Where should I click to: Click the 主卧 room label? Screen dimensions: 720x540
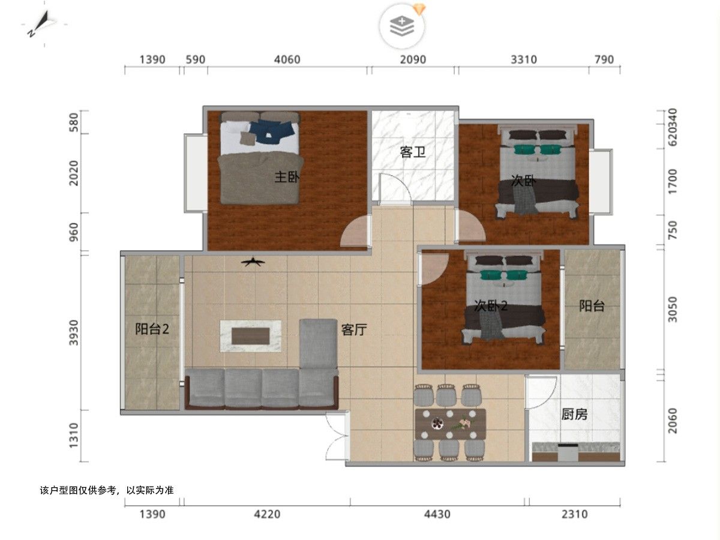(x=287, y=177)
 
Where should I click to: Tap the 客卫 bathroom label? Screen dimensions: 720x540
(x=413, y=152)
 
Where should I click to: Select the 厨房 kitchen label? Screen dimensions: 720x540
(x=574, y=415)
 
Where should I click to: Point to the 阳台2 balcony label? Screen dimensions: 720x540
(x=152, y=329)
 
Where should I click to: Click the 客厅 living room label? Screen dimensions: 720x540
(x=354, y=329)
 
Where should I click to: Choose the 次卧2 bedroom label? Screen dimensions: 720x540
(x=491, y=306)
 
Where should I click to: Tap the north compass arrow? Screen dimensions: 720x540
(x=42, y=23)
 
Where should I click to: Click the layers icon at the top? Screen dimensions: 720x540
(x=402, y=26)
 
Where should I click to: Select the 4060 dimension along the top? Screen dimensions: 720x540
(x=287, y=59)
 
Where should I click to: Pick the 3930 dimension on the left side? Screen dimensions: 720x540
(x=74, y=332)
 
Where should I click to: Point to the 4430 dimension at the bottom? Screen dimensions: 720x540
(x=437, y=514)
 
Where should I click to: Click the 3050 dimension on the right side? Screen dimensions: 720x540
(x=672, y=310)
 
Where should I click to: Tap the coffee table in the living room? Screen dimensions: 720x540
(x=251, y=336)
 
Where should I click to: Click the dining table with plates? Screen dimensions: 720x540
(x=450, y=424)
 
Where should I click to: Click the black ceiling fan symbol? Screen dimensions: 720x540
(x=253, y=262)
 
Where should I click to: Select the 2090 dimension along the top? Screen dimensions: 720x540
(x=413, y=59)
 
